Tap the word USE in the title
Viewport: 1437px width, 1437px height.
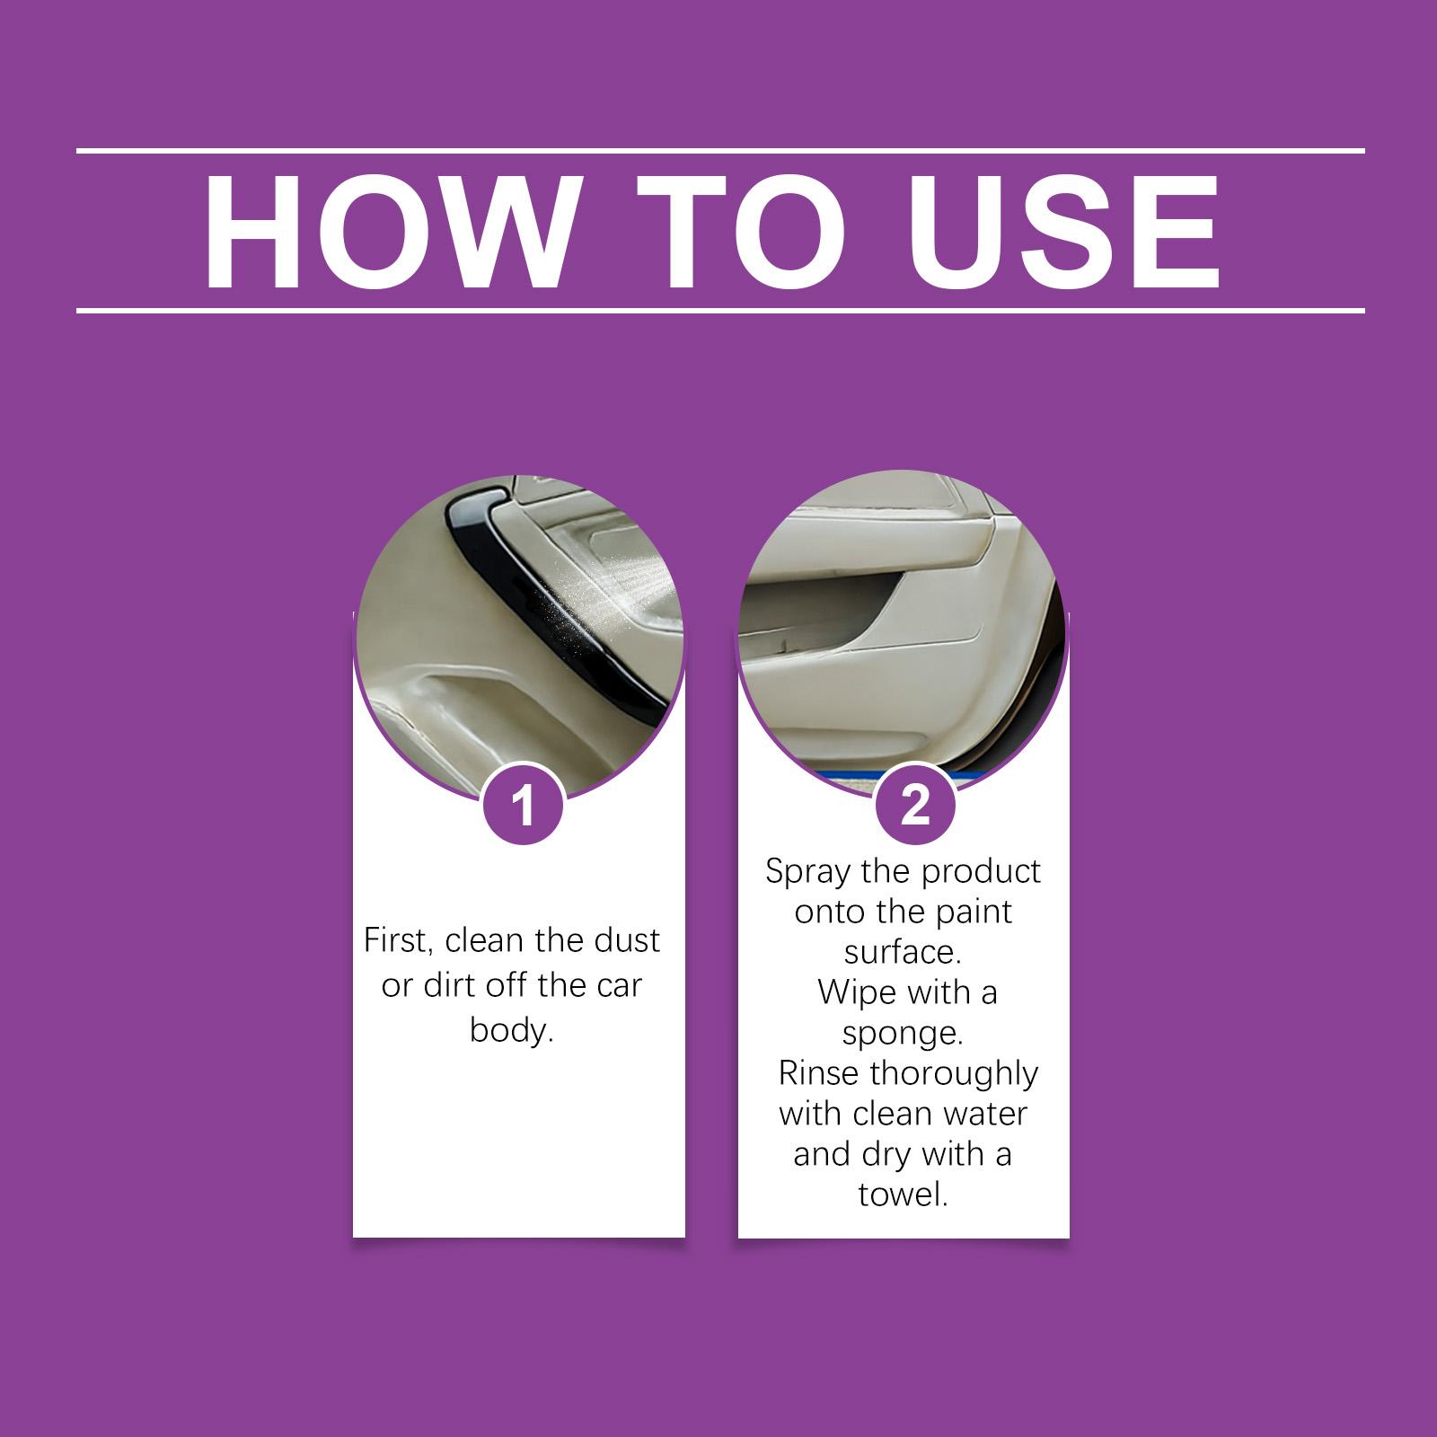tap(1062, 233)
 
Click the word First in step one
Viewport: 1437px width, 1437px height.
tap(399, 942)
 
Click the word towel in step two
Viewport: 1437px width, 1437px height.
tap(903, 1195)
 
